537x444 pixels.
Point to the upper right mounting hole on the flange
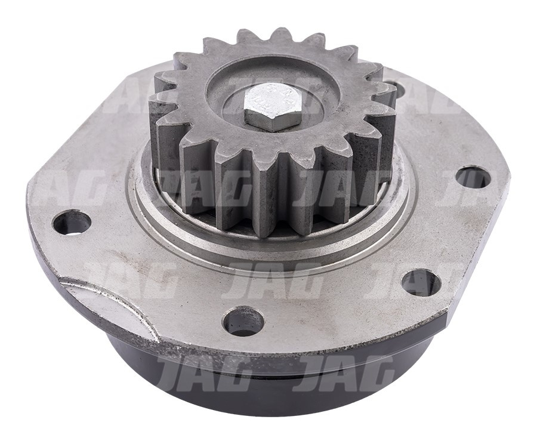(472, 177)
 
